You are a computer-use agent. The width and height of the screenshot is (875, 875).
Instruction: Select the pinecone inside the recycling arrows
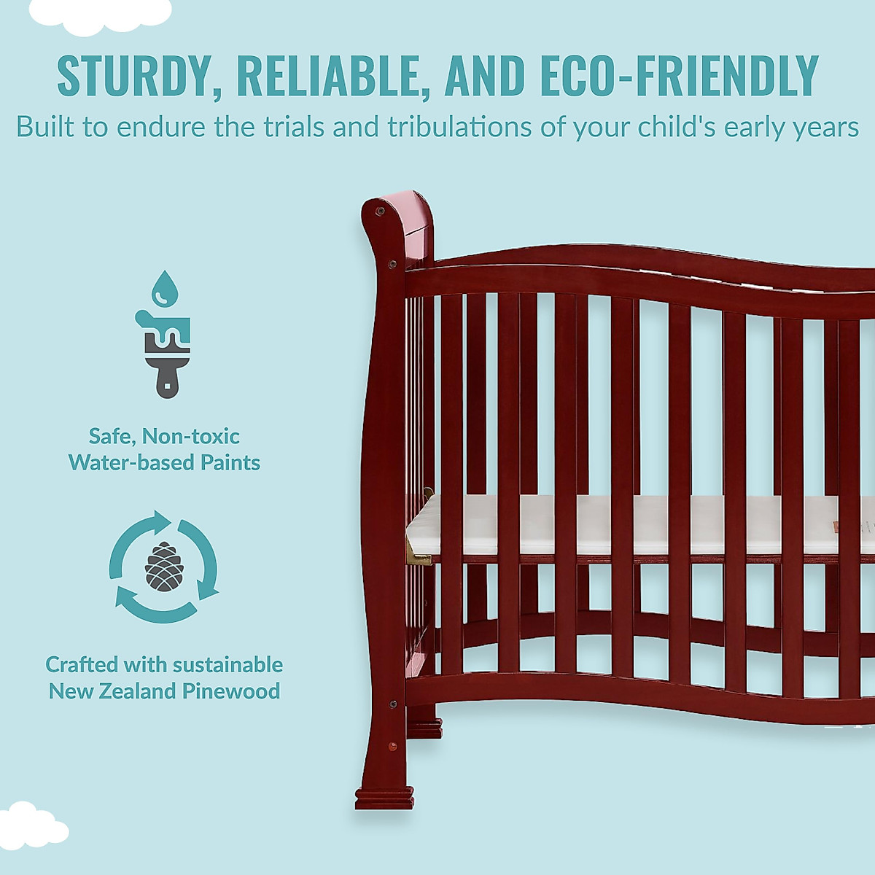tap(163, 567)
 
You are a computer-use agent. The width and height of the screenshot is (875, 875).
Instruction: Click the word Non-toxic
tap(190, 436)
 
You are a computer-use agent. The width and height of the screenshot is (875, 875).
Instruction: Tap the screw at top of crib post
tap(379, 211)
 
